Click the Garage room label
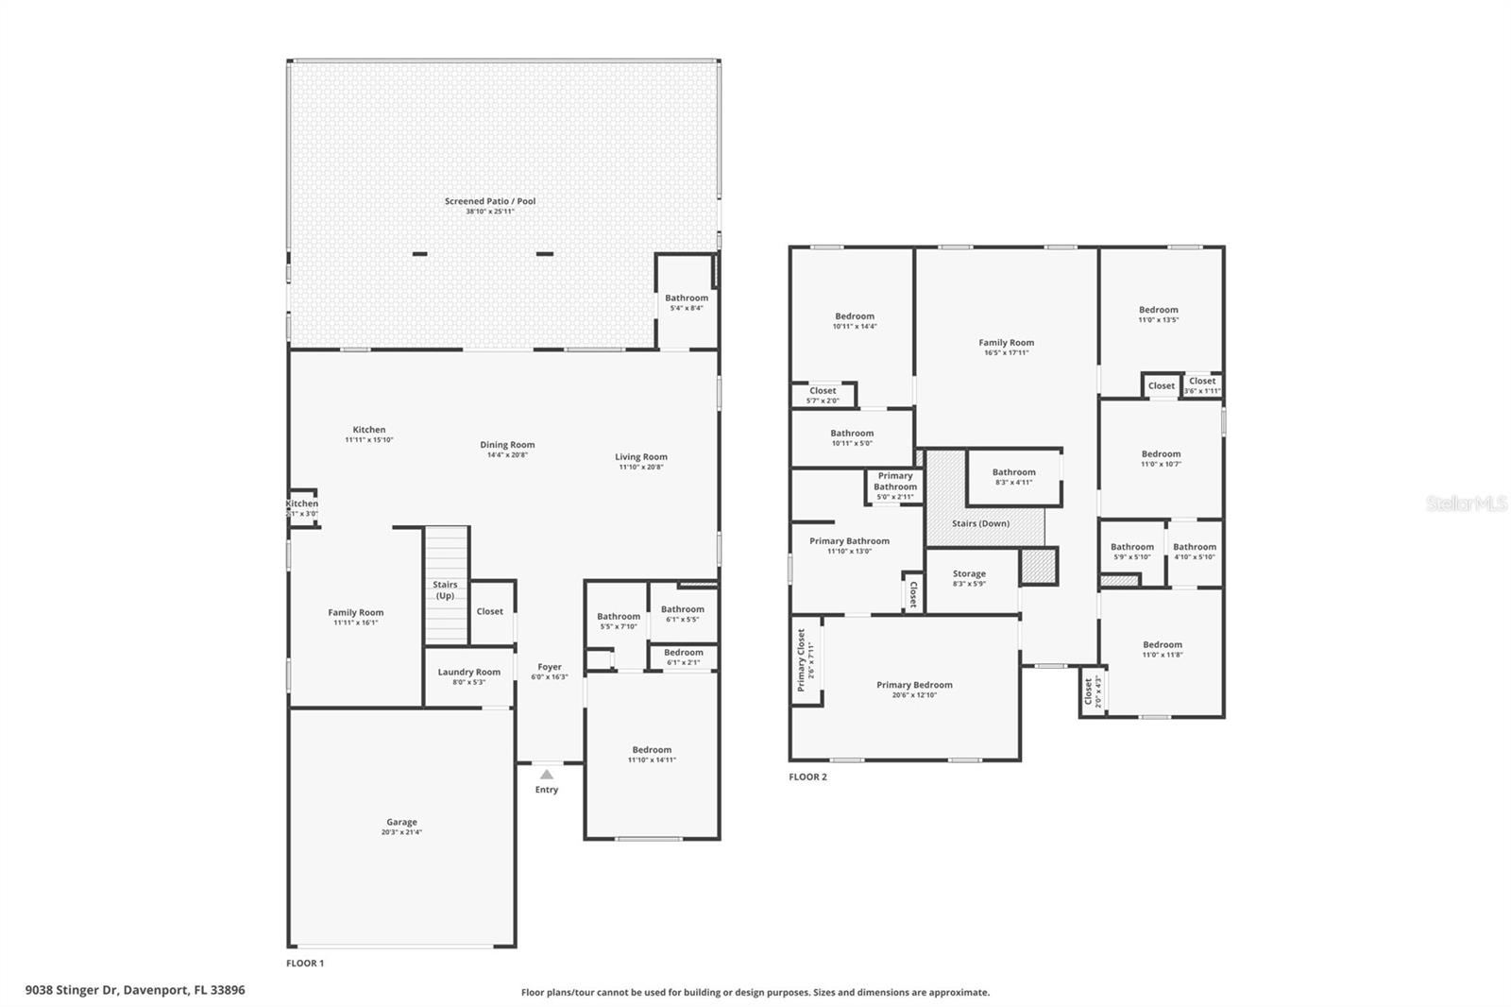click(401, 823)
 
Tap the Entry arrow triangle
click(547, 775)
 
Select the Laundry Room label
click(468, 673)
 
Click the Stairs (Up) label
click(445, 590)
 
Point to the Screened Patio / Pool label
click(490, 201)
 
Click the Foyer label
click(550, 667)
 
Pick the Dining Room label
click(507, 445)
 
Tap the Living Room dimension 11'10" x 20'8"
click(641, 467)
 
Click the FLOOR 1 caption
click(305, 964)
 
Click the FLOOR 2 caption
click(807, 777)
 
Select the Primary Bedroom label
click(914, 685)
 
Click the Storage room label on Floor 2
click(969, 573)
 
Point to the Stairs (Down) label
click(980, 523)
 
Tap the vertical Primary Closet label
click(802, 660)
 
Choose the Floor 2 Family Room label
click(1006, 343)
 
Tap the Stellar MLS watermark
click(1466, 503)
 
